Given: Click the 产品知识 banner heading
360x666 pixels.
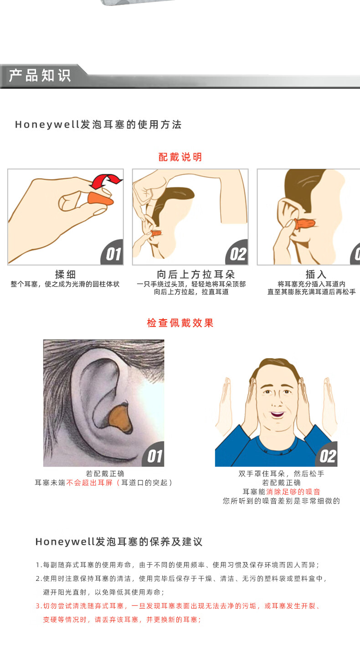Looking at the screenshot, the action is (x=40, y=76).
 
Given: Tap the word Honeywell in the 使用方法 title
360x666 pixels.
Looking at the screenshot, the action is (x=47, y=124).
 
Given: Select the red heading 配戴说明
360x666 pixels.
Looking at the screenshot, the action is (x=180, y=157).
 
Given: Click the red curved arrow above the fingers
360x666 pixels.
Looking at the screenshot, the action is (x=106, y=181).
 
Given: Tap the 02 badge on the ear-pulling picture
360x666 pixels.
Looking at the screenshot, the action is (x=237, y=253).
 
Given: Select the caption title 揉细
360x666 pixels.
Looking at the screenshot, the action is (x=66, y=274).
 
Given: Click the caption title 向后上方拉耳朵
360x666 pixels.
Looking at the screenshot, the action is (x=196, y=274).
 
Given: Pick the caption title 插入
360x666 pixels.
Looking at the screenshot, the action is (x=316, y=274).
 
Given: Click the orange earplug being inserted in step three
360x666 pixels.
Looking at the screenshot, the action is (x=304, y=224).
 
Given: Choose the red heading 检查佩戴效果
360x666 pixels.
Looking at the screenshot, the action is (x=180, y=323).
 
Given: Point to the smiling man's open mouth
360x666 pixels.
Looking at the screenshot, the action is (x=277, y=414).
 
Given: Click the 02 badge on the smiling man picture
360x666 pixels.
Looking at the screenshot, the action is (x=327, y=455).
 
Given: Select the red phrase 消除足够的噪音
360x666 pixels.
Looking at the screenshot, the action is (x=293, y=492).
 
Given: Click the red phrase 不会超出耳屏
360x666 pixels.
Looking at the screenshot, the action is (x=89, y=483).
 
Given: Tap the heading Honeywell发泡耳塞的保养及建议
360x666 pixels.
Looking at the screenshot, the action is (x=119, y=542).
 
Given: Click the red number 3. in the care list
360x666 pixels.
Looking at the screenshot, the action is (x=39, y=606).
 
